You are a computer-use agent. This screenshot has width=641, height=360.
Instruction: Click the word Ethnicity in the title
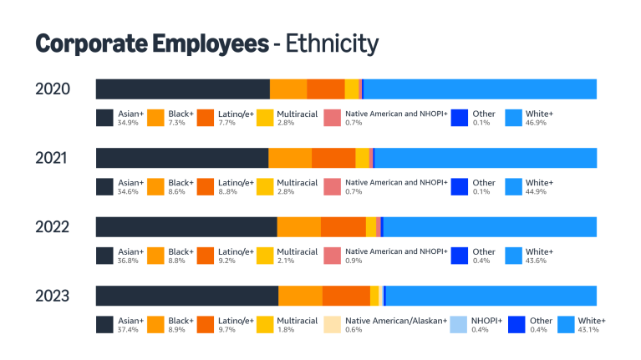click(332, 43)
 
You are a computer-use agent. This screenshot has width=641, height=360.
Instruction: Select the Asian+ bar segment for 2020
click(182, 89)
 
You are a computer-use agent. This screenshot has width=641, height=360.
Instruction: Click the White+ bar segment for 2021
click(486, 158)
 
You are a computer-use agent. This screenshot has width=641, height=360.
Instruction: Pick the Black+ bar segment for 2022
click(298, 226)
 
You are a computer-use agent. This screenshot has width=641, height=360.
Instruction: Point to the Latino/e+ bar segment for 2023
click(346, 296)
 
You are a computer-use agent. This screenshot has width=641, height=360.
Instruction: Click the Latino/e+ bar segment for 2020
click(326, 89)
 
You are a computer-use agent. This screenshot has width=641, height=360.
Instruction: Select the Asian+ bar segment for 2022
click(186, 226)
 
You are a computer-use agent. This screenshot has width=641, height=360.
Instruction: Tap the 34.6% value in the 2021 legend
click(127, 191)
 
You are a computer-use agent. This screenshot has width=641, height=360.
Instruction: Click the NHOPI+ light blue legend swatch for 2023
click(458, 325)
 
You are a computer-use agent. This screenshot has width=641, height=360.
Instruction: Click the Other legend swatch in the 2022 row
click(459, 256)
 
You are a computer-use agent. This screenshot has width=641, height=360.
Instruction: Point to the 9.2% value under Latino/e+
click(227, 261)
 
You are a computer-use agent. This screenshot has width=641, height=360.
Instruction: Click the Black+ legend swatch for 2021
click(155, 187)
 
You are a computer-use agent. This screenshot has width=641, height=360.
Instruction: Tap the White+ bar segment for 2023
click(491, 296)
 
